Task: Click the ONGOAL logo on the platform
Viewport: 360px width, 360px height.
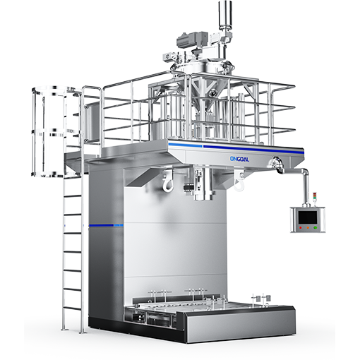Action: [x=239, y=159]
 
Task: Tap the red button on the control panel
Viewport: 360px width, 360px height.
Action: [x=300, y=227]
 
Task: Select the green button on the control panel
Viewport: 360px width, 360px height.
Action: [x=315, y=227]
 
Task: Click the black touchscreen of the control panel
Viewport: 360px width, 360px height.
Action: [x=308, y=217]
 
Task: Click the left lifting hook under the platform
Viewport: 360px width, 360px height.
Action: [x=167, y=181]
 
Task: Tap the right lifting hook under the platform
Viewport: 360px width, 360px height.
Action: [x=239, y=181]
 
